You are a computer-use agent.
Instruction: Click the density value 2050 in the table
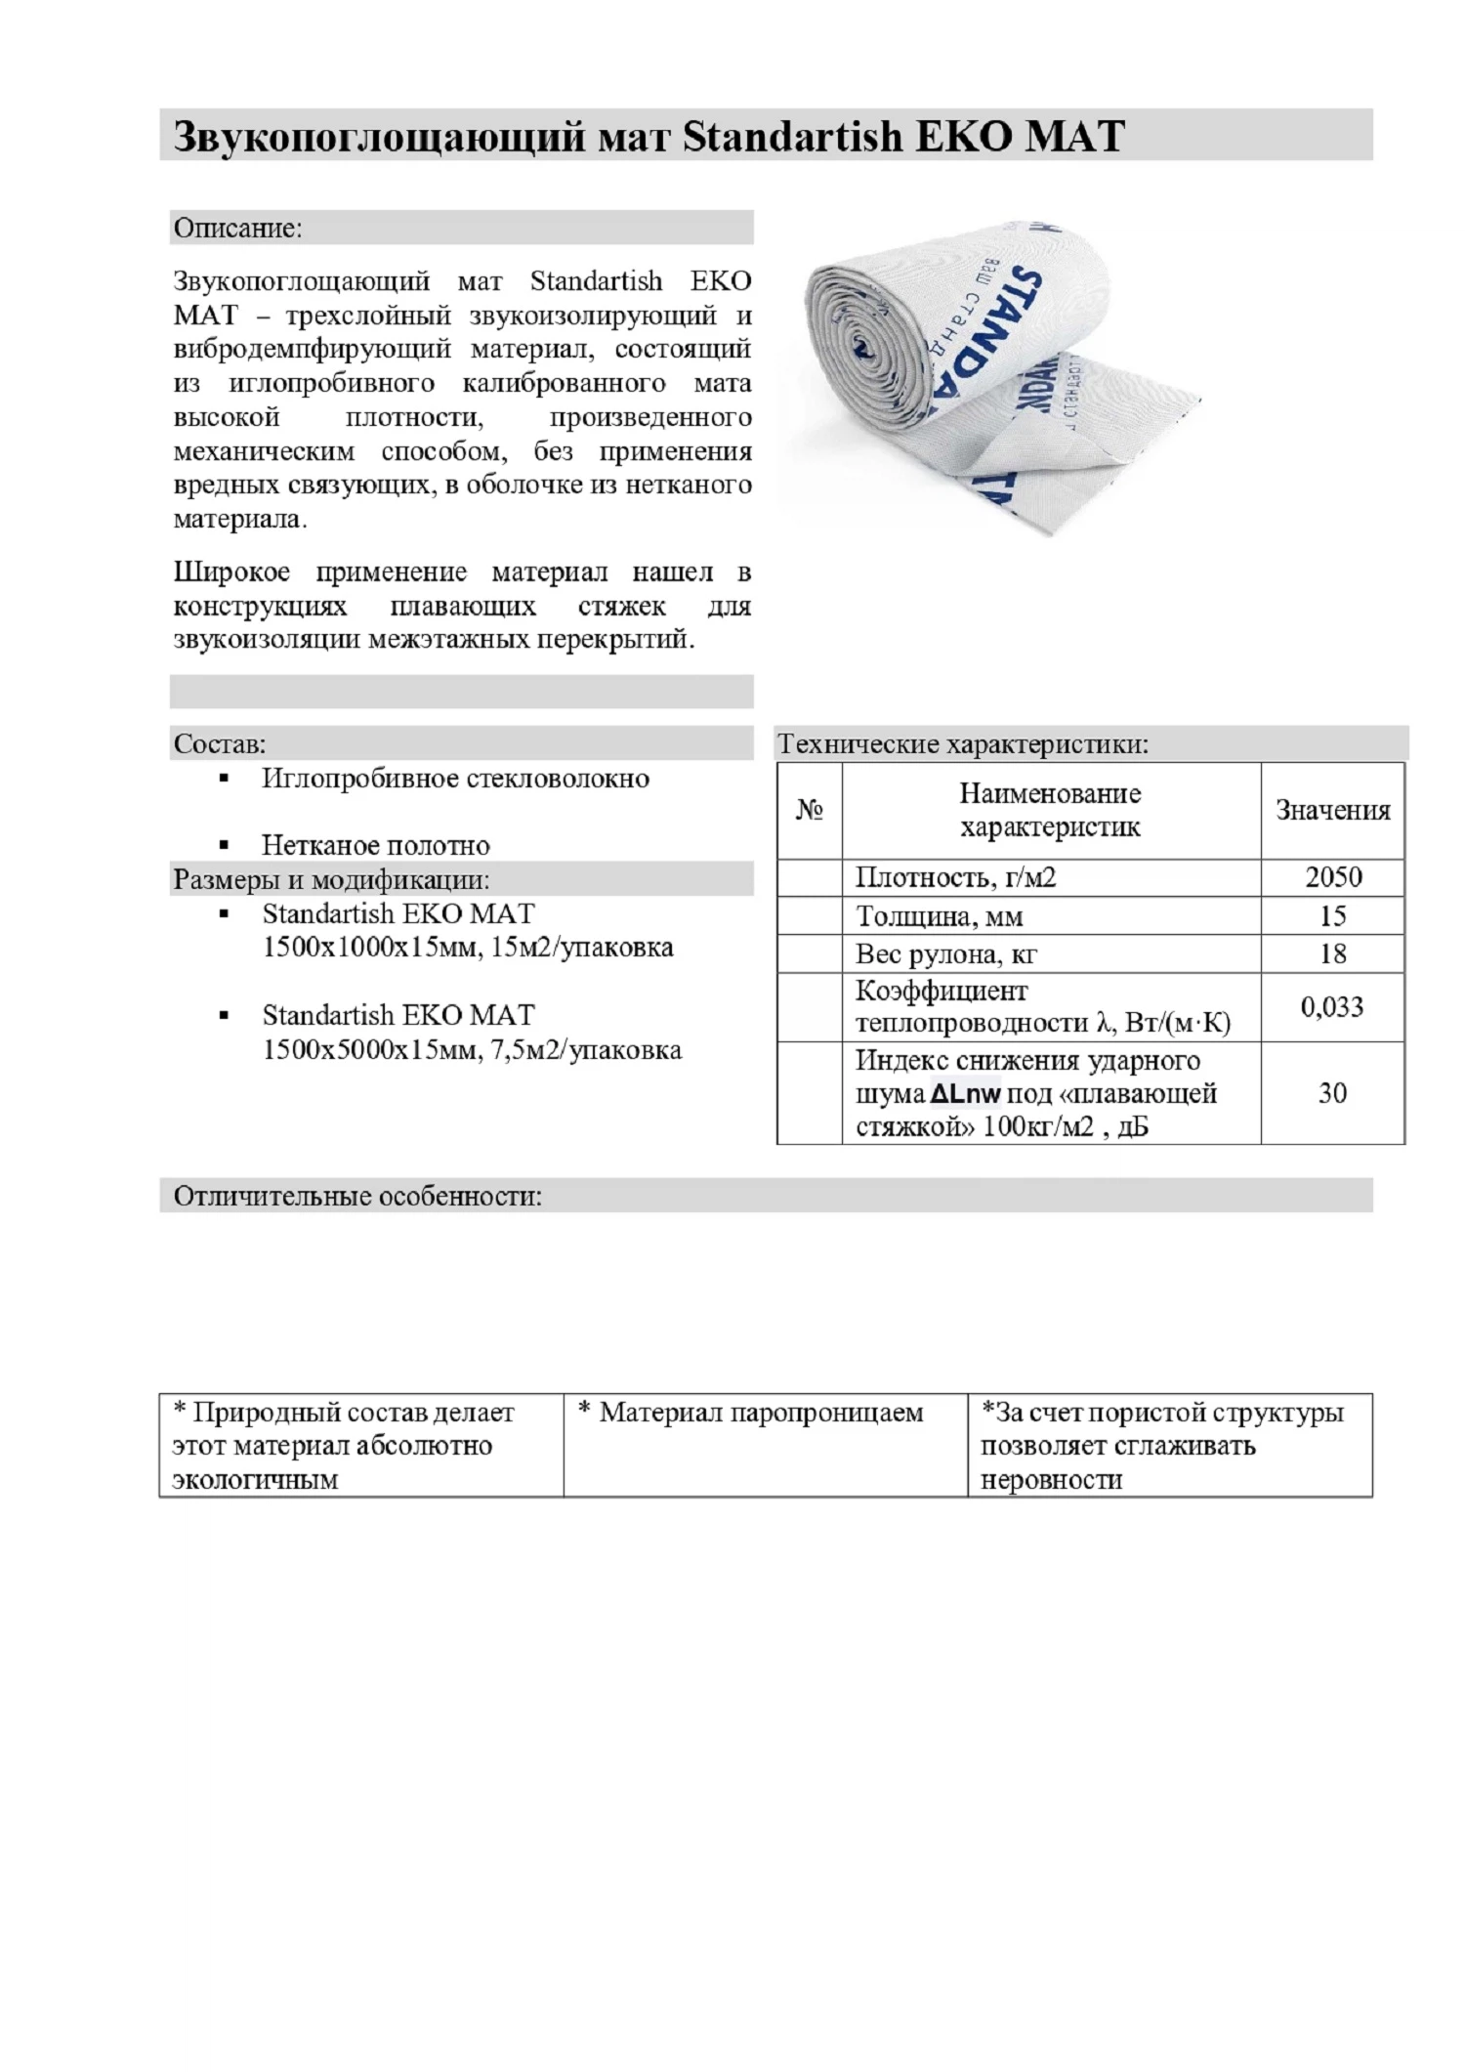pos(1332,877)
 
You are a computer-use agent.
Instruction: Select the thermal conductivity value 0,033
pos(1331,1007)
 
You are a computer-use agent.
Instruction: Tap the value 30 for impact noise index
pos(1332,1093)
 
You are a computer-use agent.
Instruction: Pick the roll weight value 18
pos(1332,953)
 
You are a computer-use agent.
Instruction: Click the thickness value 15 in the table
pos(1332,916)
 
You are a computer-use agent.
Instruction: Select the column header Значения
pos(1332,811)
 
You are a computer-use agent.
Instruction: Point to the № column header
pos(810,811)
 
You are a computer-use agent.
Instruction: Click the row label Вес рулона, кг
pos(946,953)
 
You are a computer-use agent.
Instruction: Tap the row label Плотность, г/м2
pos(955,877)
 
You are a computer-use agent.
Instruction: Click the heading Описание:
pos(238,228)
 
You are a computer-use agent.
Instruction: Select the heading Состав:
pos(220,744)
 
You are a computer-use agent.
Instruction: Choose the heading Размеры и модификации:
pos(331,879)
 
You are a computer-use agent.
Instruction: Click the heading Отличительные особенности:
pos(357,1196)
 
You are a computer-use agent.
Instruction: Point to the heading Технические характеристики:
pos(963,744)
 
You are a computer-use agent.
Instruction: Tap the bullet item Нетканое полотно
pos(375,845)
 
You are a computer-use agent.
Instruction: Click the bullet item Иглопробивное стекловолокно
pos(455,779)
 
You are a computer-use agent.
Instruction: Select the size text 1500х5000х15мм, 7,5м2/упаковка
pos(472,1050)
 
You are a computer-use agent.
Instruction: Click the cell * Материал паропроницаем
pos(751,1413)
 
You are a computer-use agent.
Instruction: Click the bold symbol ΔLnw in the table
pos(965,1094)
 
